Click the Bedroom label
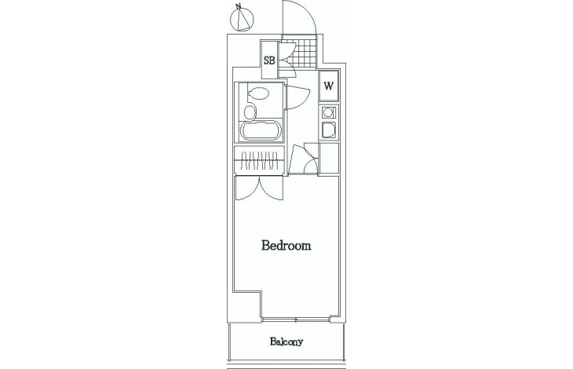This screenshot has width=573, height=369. (286, 245)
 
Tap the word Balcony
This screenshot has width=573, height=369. (286, 342)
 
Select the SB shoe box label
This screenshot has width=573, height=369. (269, 60)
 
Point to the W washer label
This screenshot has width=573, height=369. (329, 86)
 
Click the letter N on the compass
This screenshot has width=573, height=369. (239, 6)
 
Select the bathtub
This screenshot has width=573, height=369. (260, 130)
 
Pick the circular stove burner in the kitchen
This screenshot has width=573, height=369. (328, 111)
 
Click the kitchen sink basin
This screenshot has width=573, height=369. (329, 130)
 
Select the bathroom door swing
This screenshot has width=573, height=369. (297, 97)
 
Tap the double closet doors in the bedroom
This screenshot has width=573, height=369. (259, 188)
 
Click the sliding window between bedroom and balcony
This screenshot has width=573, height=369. (296, 320)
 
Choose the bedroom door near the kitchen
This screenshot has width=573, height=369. (297, 159)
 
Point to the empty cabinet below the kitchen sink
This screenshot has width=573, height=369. (329, 158)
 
